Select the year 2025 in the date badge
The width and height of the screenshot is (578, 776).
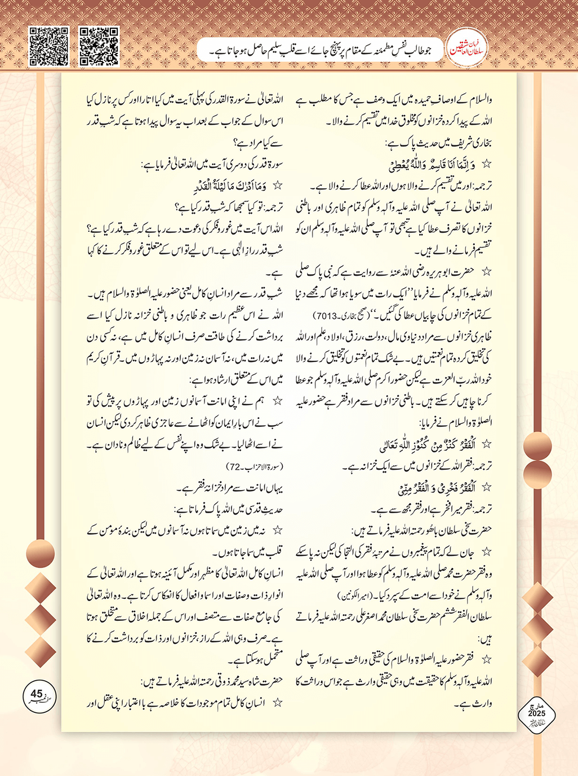tap(536, 714)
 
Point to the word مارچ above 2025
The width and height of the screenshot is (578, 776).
tap(536, 706)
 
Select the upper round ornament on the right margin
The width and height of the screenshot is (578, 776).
tap(537, 447)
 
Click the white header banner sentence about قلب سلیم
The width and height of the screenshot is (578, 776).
tap(321, 51)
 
